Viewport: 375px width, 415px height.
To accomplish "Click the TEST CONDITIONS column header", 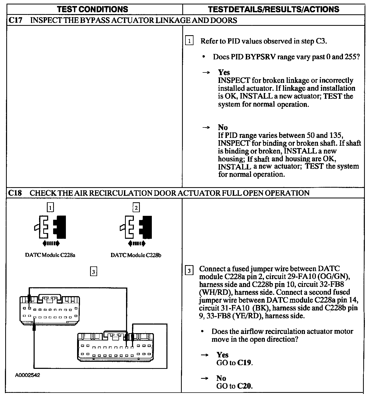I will pos(92,9).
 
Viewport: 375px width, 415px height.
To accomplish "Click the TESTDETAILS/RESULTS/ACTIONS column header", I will pos(273,9).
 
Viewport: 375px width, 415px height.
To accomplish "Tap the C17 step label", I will pos(15,20).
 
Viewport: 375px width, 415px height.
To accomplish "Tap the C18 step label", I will pos(15,193).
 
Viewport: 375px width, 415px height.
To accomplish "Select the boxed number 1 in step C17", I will pos(189,41).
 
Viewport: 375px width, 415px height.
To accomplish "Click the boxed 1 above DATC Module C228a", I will pos(50,207).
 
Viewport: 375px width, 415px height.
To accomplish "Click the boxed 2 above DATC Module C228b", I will pos(136,207).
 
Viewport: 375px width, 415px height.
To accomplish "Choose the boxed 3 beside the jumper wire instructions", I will pos(189,271).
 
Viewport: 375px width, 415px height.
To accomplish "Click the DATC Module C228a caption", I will pos(50,255).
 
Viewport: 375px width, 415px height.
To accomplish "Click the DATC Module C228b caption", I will pos(136,255).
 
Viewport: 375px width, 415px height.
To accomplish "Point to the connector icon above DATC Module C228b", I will pos(136,227).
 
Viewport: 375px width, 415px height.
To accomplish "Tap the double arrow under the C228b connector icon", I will pos(137,243).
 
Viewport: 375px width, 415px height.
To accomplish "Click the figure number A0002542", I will pos(27,375).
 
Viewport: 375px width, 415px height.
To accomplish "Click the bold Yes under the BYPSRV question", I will pos(224,72).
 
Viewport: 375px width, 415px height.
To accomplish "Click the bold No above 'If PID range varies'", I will pos(223,127).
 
